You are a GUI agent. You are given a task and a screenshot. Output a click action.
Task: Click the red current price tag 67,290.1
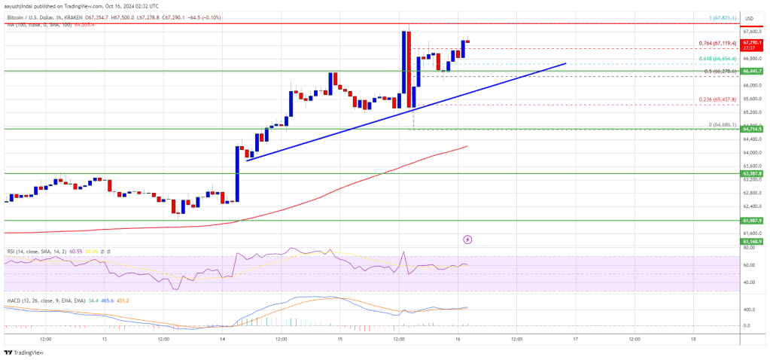753,44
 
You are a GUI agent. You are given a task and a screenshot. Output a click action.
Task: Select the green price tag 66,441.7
753,71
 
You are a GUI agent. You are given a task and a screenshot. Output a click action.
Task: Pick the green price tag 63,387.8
753,173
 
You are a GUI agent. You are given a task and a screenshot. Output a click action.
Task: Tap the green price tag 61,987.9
753,221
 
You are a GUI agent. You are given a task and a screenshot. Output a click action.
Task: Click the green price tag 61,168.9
753,242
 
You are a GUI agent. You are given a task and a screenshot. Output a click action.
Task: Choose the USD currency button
749,18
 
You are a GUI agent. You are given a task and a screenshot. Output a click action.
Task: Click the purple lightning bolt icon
467,239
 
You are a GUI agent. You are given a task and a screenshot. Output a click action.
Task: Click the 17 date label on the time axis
574,340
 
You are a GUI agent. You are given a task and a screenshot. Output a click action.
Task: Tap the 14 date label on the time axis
223,340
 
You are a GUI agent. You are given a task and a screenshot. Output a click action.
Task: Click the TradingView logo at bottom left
23,352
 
